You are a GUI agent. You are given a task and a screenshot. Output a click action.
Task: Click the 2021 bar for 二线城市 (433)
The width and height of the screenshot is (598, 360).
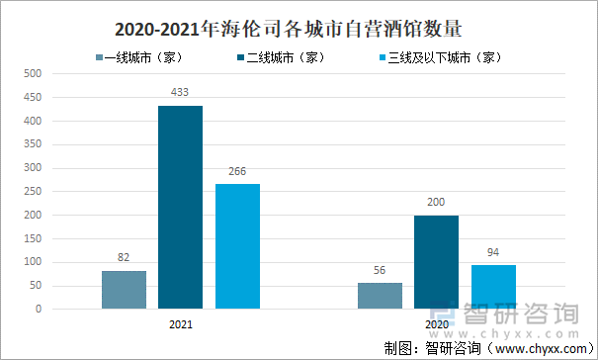point(180,207)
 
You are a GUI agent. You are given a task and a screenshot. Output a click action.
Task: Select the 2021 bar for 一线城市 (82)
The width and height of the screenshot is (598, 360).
point(124,290)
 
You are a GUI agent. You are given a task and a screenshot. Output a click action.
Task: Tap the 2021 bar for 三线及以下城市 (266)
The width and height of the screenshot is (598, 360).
point(237,246)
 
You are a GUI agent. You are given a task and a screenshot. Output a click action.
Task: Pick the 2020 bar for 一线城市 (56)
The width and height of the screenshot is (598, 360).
point(380,296)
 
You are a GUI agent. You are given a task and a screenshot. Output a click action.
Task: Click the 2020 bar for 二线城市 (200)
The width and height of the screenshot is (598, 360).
point(436,262)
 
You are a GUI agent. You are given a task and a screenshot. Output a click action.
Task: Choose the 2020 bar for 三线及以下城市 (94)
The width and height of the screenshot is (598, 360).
point(493,287)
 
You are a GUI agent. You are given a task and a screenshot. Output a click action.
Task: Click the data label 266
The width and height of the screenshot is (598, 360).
point(237,172)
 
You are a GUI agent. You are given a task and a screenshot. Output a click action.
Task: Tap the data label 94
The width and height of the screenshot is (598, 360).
point(493,253)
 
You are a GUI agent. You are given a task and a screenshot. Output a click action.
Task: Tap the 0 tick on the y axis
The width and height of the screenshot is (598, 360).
point(38,309)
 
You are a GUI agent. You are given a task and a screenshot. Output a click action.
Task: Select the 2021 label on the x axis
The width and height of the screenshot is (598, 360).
point(180,323)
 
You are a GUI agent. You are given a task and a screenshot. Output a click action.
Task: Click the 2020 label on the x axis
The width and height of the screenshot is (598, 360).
point(436,323)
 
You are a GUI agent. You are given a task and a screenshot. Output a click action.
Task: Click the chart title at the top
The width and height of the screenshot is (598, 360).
point(299,27)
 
